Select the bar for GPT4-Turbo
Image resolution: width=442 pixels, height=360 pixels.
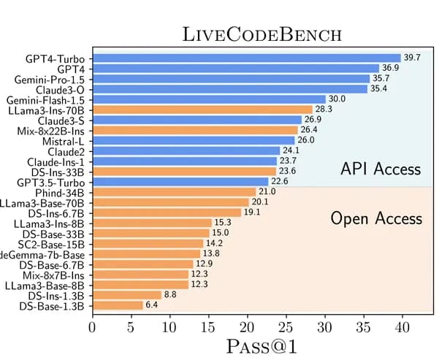tap(246, 58)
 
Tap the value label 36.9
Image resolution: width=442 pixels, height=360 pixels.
tap(391, 68)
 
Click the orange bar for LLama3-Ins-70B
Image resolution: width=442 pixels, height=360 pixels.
tap(202, 109)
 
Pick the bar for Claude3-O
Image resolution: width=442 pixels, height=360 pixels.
tap(229, 89)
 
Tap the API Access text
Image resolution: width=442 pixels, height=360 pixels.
tap(381, 169)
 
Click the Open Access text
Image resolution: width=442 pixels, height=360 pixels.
tap(376, 218)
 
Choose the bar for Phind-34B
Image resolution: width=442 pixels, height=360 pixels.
tap(173, 192)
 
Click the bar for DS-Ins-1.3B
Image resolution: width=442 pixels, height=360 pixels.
tap(126, 295)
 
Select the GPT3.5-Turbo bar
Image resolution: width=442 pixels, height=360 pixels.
tap(180, 181)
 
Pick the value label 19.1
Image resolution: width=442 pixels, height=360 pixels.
tap(252, 212)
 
